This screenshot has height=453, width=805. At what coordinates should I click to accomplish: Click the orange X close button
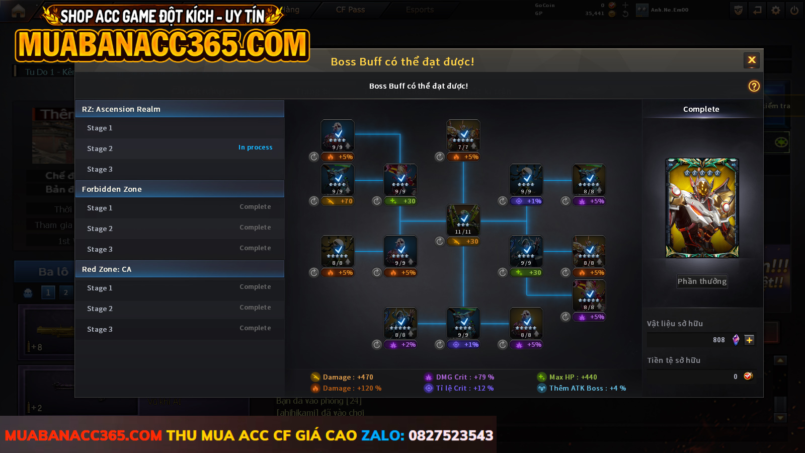coord(752,60)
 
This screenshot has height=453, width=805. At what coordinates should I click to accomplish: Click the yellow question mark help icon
coord(754,86)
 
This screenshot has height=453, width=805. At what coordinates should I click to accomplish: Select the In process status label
coord(255,147)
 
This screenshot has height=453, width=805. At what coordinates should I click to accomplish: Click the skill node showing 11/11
coord(463,219)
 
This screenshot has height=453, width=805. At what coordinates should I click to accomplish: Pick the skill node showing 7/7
coord(463,135)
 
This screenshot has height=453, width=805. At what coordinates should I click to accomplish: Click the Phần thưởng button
coord(702,281)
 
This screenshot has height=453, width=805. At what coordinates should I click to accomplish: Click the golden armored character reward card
coord(702,208)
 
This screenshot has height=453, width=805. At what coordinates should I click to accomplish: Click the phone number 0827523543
coord(450,435)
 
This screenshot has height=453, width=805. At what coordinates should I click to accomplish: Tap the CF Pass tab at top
coord(350,10)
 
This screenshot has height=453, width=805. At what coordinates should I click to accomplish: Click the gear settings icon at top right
coord(776,10)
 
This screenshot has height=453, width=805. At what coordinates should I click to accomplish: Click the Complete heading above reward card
coord(701,109)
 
